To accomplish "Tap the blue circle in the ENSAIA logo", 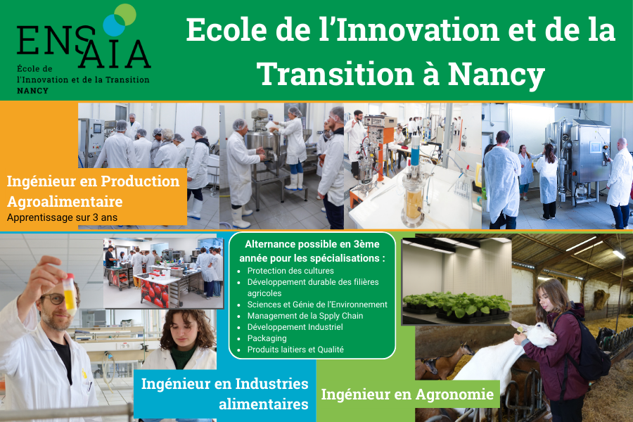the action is point(114,25).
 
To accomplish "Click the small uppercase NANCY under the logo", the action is point(32,91).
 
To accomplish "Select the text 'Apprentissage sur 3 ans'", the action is point(62,217).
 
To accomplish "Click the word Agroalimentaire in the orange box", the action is point(65,201).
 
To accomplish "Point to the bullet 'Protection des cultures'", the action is point(290,271).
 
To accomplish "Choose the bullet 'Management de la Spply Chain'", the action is point(305,316).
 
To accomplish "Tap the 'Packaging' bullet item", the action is point(267,338).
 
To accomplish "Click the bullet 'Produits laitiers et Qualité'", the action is point(295,350).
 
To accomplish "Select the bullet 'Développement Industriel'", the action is point(295,327).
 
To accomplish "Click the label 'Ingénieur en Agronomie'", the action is point(407,394).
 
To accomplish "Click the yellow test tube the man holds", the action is point(70,294).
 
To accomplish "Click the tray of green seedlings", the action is point(456,306).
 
